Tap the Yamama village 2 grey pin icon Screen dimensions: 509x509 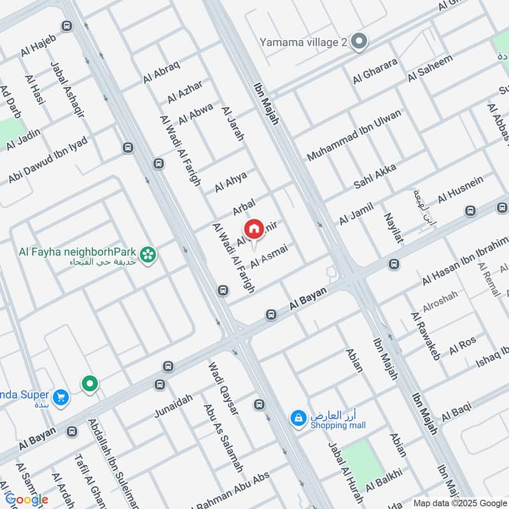(x=359, y=42)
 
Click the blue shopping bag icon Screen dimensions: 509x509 (x=297, y=417)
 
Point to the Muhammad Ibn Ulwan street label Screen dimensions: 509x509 (x=354, y=135)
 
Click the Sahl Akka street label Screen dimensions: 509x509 (x=375, y=175)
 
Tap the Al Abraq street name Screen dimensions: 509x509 (x=162, y=71)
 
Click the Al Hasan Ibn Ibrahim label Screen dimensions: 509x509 (x=465, y=261)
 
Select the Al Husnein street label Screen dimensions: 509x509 (x=460, y=189)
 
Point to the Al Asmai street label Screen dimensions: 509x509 (x=269, y=255)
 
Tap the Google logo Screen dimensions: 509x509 (x=26, y=500)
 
